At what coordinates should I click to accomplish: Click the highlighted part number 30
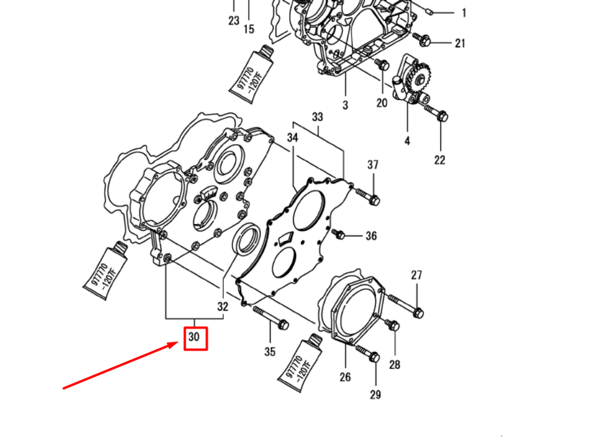coord(195,338)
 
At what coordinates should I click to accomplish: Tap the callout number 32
coord(223,306)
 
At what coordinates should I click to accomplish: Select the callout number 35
coord(269,352)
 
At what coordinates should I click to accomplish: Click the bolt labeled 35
coord(270,317)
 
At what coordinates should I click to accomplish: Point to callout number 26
coord(345,377)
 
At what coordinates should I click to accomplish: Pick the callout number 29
coord(375,394)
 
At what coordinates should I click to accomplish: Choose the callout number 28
coord(395,365)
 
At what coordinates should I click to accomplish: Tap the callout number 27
coord(416,275)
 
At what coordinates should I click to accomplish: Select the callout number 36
coord(370,236)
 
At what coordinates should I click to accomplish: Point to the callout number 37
coord(373,165)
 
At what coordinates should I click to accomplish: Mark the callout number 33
coord(317,117)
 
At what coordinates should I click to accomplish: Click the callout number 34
coord(293,137)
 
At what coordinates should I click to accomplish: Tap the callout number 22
coord(440,160)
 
